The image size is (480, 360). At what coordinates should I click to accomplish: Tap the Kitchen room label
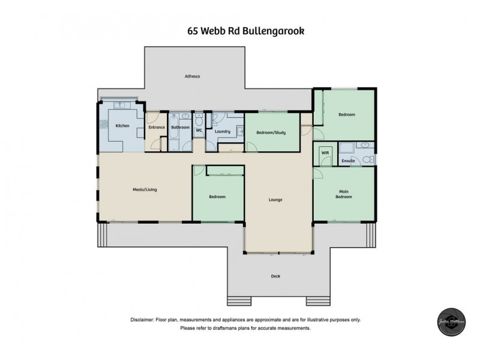pyautogui.click(x=122, y=125)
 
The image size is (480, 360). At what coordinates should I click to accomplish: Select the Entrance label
pyautogui.click(x=157, y=127)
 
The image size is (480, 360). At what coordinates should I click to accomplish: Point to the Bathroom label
pyautogui.click(x=180, y=127)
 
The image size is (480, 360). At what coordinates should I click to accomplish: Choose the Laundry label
pyautogui.click(x=223, y=131)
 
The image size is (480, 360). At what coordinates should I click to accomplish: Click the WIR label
pyautogui.click(x=325, y=153)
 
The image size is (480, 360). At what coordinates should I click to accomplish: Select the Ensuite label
pyautogui.click(x=349, y=161)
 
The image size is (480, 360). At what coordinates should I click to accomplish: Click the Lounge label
pyautogui.click(x=275, y=200)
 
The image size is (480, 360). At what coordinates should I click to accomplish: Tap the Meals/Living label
pyautogui.click(x=144, y=190)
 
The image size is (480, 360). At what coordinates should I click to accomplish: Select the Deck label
pyautogui.click(x=275, y=276)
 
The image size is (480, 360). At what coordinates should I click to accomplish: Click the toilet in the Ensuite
pyautogui.click(x=370, y=160)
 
